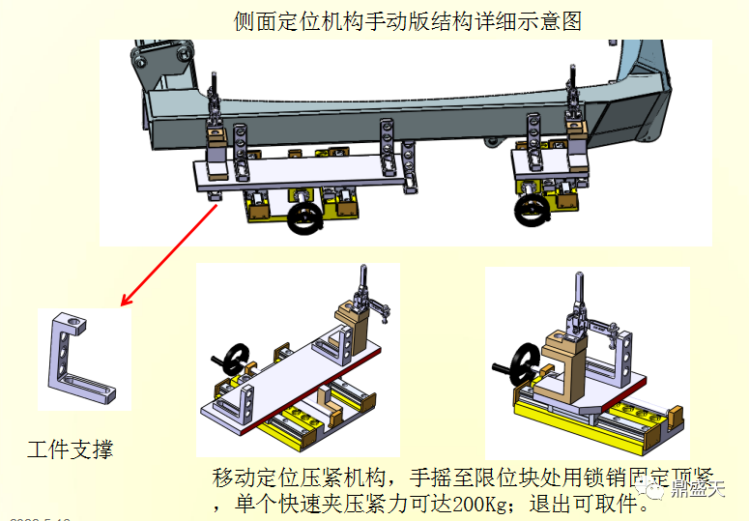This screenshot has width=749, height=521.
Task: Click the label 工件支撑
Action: coord(70,449)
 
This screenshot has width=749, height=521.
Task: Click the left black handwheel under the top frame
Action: coord(306,217)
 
